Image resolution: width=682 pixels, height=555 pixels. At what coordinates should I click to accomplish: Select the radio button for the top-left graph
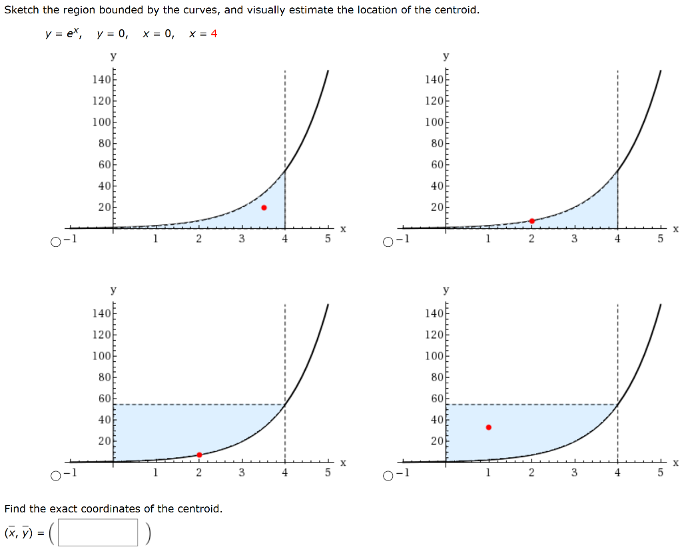pyautogui.click(x=55, y=242)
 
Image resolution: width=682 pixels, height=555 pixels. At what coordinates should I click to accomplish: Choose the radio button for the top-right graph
pyautogui.click(x=388, y=242)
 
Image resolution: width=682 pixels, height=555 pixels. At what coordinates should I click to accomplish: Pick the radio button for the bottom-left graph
pyautogui.click(x=55, y=475)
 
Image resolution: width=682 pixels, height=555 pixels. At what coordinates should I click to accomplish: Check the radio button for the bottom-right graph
pyautogui.click(x=388, y=475)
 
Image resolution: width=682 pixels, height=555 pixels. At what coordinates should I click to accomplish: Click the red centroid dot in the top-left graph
pyautogui.click(x=264, y=208)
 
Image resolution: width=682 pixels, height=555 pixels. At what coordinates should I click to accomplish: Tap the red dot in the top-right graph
pyautogui.click(x=531, y=221)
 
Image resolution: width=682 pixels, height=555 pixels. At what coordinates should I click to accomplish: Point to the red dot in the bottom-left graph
pyautogui.click(x=199, y=455)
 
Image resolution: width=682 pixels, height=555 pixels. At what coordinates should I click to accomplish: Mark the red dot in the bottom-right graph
pyautogui.click(x=488, y=427)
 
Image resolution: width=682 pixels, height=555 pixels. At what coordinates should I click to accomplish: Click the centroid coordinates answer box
pyautogui.click(x=98, y=532)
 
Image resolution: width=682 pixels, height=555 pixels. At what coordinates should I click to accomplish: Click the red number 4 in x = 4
pyautogui.click(x=214, y=34)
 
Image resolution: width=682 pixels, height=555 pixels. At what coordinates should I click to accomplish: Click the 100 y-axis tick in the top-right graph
pyautogui.click(x=434, y=122)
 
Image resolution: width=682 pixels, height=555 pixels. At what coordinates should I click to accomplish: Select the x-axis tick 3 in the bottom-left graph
pyautogui.click(x=242, y=473)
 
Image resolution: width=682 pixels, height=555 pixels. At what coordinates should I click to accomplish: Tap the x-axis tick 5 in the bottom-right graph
pyautogui.click(x=661, y=473)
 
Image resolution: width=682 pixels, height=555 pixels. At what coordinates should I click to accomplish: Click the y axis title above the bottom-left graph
pyautogui.click(x=113, y=291)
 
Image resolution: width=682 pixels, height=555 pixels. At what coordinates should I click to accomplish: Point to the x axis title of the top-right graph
pyautogui.click(x=675, y=229)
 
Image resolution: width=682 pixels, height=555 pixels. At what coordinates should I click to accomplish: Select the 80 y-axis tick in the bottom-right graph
pyautogui.click(x=436, y=377)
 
